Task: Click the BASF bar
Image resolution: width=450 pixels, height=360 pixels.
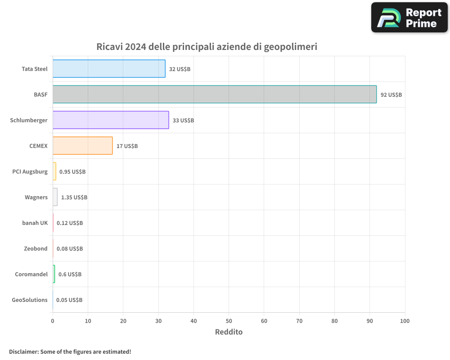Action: [215, 94]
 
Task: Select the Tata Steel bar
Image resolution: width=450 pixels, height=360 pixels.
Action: [109, 69]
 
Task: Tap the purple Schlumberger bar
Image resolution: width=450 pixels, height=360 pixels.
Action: [111, 120]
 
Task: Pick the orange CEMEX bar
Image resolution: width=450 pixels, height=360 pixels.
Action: [82, 146]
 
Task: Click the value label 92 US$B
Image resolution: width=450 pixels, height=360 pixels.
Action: [391, 95]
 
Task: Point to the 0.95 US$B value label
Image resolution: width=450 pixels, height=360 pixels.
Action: [72, 172]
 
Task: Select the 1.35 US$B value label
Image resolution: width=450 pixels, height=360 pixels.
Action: [74, 198]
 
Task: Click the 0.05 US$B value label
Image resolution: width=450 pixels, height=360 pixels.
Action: [69, 300]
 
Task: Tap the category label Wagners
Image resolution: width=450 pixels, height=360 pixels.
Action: [36, 197]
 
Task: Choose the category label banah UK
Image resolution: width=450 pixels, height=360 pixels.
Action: [35, 223]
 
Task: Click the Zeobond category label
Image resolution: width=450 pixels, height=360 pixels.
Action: [36, 248]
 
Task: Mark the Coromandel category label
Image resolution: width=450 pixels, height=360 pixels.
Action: [31, 274]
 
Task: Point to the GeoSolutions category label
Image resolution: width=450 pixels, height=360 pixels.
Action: [30, 300]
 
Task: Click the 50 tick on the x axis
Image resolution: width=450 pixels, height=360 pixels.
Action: [229, 321]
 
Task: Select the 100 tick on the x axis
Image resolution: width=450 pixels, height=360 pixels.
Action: [405, 321]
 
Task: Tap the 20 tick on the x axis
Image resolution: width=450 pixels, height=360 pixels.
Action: [123, 321]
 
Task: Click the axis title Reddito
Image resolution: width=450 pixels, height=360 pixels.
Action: [229, 332]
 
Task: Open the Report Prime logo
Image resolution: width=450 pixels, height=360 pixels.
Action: [409, 18]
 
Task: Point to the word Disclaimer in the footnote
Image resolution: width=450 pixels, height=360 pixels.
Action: [23, 351]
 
